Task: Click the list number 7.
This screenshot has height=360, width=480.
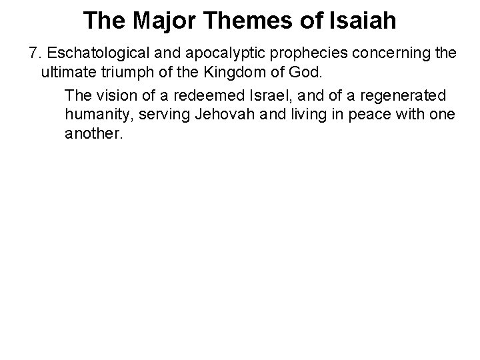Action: (33, 53)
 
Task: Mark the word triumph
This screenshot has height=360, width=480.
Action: (128, 71)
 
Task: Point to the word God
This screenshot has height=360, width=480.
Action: (309, 71)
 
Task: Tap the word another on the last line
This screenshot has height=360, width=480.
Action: (94, 133)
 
